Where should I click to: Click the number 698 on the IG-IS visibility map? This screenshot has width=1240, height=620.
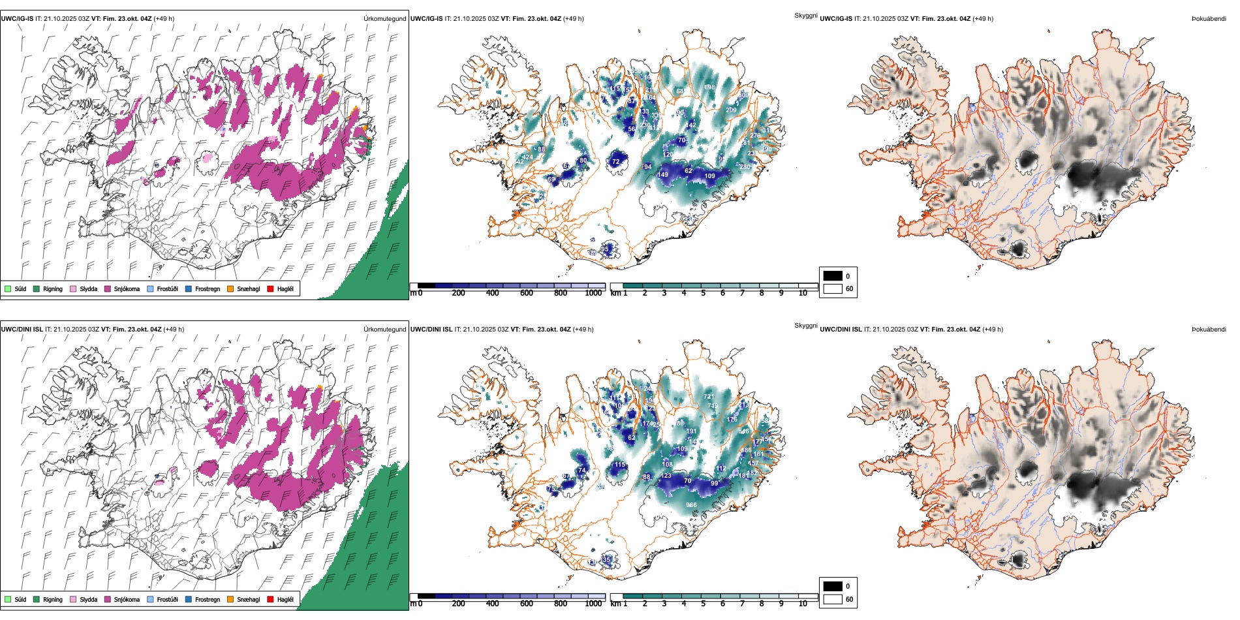(x=709, y=87)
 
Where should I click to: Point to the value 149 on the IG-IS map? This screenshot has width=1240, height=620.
(x=662, y=175)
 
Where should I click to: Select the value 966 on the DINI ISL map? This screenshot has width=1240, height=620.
(x=691, y=504)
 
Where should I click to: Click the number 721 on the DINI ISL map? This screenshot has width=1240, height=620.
(x=709, y=396)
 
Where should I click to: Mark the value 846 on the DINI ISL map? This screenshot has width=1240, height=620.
(x=743, y=431)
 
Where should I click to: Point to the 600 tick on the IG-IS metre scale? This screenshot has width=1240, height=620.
(x=527, y=293)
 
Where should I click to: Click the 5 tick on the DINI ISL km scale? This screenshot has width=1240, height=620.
(x=704, y=604)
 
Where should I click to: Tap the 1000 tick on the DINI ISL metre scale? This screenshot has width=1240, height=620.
(x=593, y=604)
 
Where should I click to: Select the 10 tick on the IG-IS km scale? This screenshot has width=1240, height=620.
(x=803, y=293)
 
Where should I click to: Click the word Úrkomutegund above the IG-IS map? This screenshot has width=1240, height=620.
(x=384, y=18)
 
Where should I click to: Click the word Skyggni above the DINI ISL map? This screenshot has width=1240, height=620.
(x=805, y=325)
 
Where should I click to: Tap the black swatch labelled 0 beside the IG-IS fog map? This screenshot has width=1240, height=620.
(x=833, y=276)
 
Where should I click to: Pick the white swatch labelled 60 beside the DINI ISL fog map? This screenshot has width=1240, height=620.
(x=833, y=599)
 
